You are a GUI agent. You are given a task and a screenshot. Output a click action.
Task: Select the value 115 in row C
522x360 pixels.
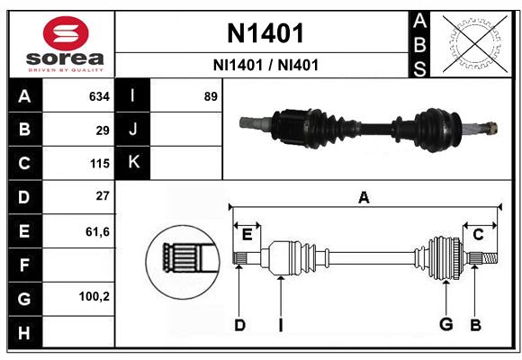point(99,164)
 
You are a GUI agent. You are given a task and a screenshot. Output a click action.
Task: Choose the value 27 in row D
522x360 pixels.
point(103,196)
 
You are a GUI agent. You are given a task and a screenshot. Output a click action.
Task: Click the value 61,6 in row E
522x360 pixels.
point(97,231)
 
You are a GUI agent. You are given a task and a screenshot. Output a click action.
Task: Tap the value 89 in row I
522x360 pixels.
point(211,96)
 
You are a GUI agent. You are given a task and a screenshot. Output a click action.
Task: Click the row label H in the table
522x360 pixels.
point(24,332)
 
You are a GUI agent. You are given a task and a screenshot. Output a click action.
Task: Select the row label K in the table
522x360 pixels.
point(133,163)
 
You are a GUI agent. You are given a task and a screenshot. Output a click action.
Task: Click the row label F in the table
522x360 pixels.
point(24,265)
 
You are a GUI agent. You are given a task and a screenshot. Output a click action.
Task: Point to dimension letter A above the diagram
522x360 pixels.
point(364,197)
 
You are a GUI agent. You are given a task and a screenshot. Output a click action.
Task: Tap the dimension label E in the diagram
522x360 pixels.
point(247,235)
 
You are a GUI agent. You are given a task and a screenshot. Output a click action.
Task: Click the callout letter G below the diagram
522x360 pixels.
point(445,324)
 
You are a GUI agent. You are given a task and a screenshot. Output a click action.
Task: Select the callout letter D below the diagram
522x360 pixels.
point(239,324)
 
